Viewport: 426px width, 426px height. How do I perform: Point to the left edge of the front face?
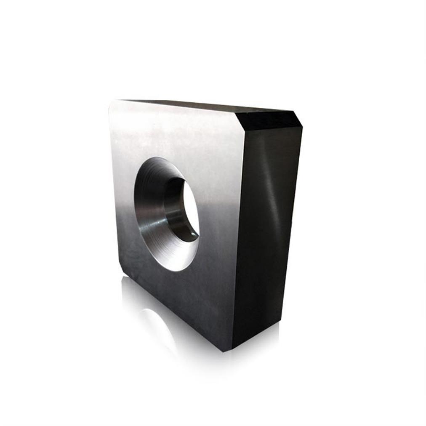[114, 189]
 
